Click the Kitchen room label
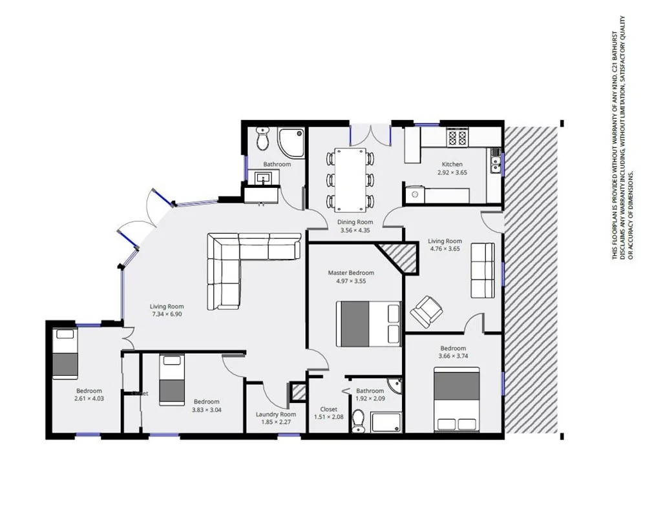(452, 164)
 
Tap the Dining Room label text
(355, 222)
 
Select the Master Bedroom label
(351, 272)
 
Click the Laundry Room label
(275, 415)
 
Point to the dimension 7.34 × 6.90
(167, 314)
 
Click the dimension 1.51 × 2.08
(329, 417)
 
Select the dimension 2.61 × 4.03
(89, 399)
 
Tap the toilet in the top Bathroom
(262, 139)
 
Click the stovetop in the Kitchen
(458, 138)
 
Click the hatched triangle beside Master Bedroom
(395, 254)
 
